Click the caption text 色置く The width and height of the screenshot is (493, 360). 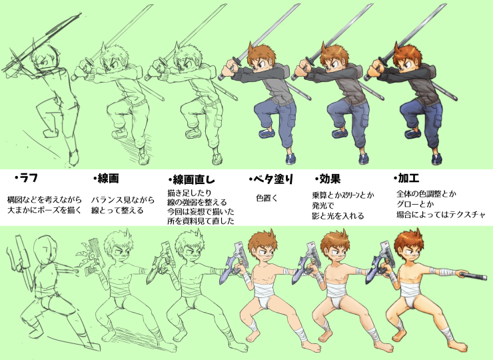[267, 198]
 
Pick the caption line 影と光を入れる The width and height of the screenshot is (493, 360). [338, 216]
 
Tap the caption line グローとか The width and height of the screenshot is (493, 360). [415, 204]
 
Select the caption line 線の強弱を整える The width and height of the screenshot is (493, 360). [197, 202]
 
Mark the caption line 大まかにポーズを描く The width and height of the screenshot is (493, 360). [45, 210]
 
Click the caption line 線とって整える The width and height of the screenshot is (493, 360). [117, 210]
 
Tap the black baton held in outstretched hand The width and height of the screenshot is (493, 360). [473, 276]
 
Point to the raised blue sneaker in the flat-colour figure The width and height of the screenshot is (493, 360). [267, 133]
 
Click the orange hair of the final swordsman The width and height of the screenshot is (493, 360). [408, 55]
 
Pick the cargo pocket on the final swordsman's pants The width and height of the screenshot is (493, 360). [437, 120]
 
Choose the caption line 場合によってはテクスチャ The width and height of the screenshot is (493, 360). [441, 215]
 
